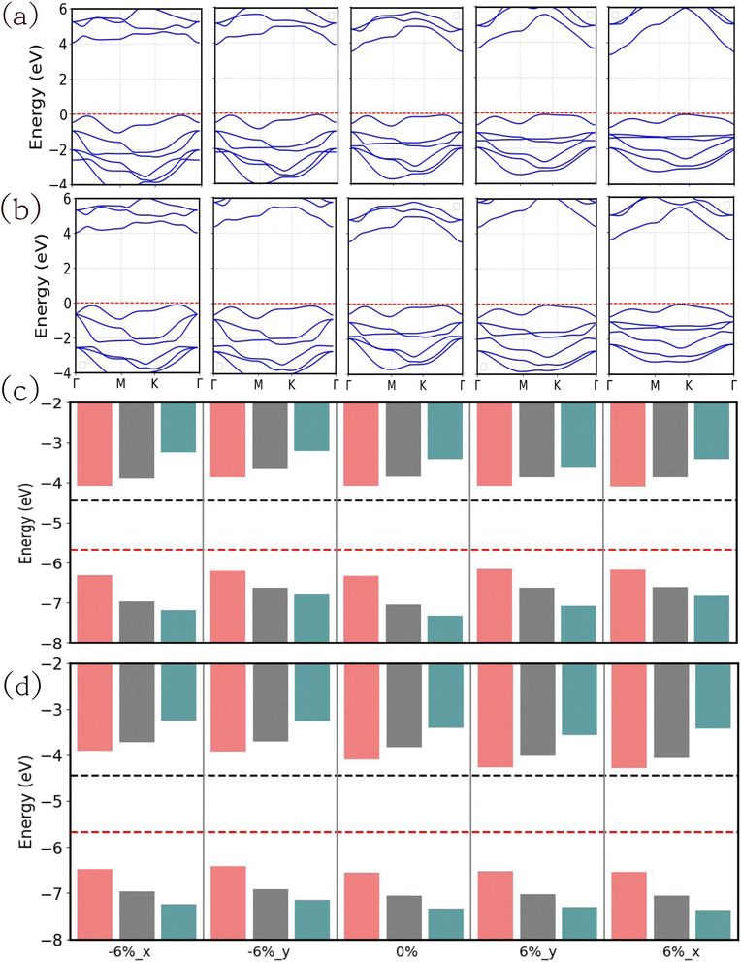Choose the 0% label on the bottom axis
click(x=406, y=951)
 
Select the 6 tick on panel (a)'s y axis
click(x=62, y=9)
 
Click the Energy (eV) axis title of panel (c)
click(x=26, y=523)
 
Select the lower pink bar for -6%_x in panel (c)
click(x=94, y=609)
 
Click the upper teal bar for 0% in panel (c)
click(x=445, y=431)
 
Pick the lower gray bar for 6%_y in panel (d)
click(x=538, y=916)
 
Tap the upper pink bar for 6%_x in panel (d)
click(x=629, y=716)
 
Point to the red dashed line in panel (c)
click(x=404, y=550)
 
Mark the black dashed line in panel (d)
click(x=404, y=776)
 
